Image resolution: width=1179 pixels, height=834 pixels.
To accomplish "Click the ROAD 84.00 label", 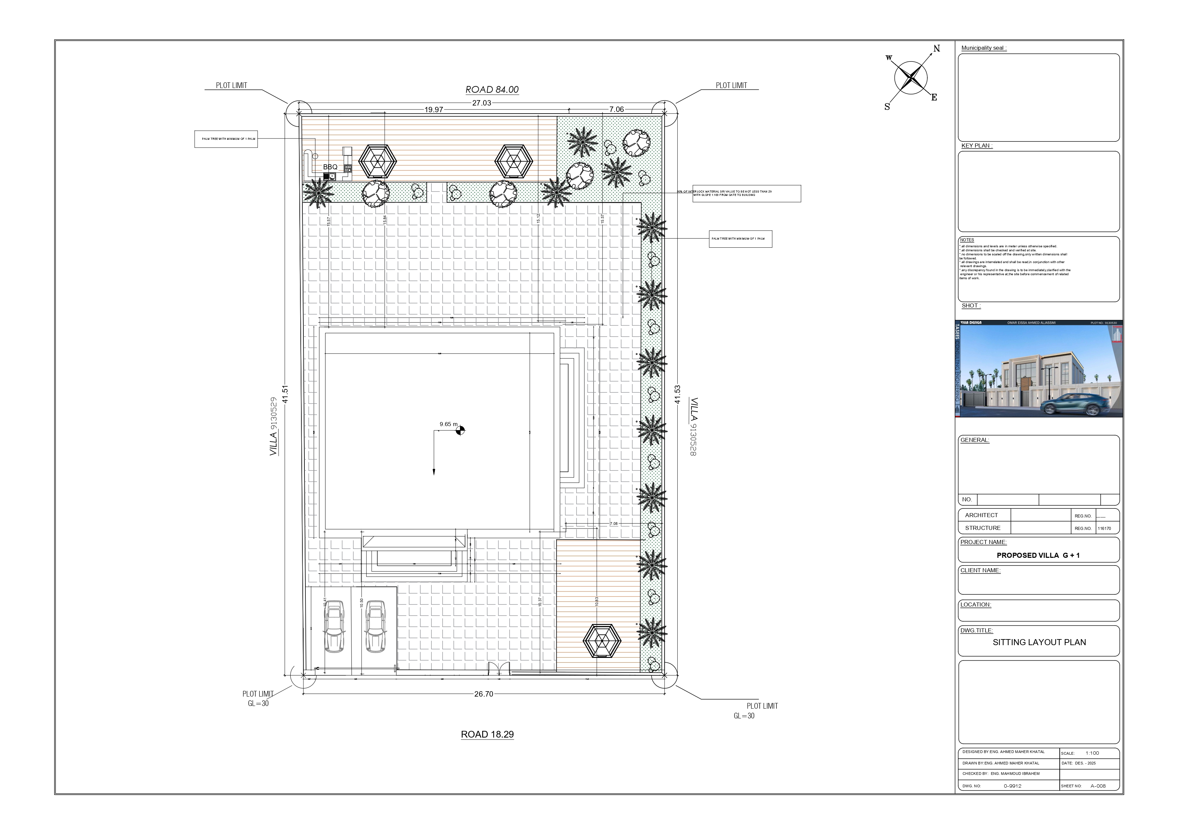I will click(x=492, y=90).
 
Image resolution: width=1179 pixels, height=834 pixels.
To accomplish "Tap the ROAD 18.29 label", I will click(x=487, y=735).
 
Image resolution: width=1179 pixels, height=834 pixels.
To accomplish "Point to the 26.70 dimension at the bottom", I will click(x=483, y=694).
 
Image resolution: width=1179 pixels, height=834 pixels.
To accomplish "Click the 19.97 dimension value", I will click(x=433, y=110).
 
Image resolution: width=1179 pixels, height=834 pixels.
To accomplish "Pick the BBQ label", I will click(x=330, y=167).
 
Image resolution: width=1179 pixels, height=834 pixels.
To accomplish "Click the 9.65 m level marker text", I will click(x=448, y=424).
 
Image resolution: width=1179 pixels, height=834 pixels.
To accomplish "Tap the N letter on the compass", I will click(x=937, y=49).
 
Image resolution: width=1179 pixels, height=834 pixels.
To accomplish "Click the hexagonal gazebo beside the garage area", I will click(x=602, y=640).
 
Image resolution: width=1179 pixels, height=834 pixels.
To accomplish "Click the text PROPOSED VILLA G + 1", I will click(x=1038, y=555).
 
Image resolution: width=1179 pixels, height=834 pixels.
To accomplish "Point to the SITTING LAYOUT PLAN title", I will click(x=1039, y=642).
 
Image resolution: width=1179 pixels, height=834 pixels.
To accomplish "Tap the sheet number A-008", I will click(x=1098, y=786).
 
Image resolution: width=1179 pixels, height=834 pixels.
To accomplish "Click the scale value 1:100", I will click(x=1092, y=753).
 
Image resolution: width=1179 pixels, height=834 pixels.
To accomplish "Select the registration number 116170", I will click(x=1104, y=529).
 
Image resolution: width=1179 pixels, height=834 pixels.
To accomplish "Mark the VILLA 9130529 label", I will click(x=274, y=426).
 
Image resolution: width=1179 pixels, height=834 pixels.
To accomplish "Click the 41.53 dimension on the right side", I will click(x=677, y=394).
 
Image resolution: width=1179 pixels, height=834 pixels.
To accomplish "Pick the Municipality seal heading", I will click(x=983, y=48).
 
